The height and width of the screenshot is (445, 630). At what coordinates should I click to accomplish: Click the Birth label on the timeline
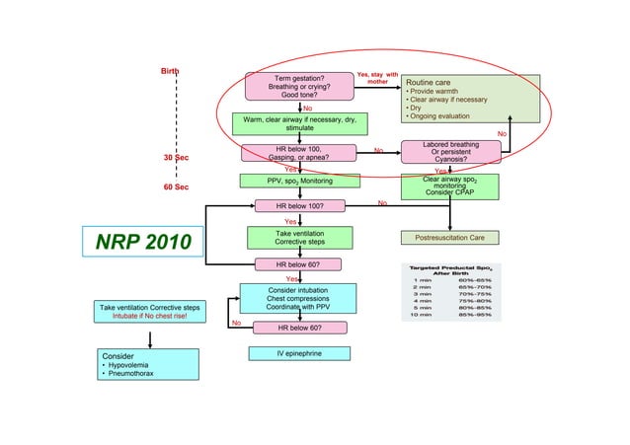point(171,71)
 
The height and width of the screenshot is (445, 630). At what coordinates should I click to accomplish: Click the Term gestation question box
point(299,87)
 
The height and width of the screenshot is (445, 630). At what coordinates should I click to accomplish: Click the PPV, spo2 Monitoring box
point(299,182)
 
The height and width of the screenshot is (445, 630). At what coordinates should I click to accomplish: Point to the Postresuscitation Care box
point(449,238)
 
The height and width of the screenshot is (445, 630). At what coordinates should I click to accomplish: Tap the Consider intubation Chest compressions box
point(298,299)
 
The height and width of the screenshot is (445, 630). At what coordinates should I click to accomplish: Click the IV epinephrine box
point(299,353)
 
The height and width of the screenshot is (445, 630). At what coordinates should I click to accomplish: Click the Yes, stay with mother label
point(377,78)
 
